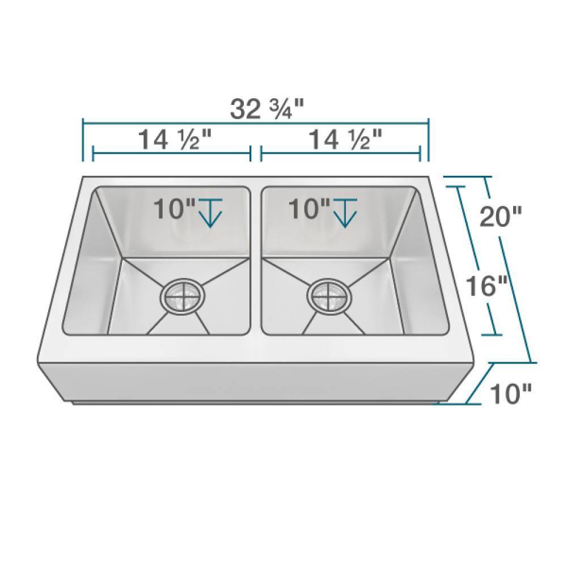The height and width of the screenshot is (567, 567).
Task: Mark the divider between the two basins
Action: [255, 261]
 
